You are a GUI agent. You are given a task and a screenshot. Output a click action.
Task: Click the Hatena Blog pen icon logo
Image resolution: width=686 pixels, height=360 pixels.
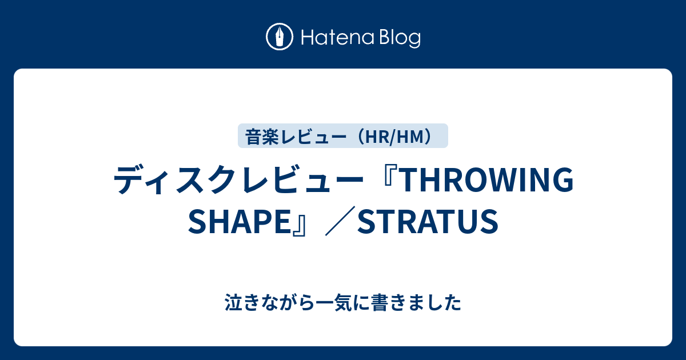[280, 37]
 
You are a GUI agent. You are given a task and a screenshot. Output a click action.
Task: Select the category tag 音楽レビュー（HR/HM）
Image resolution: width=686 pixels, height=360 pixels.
[342, 136]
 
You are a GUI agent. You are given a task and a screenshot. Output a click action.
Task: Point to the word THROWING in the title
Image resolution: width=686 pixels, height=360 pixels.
[489, 181]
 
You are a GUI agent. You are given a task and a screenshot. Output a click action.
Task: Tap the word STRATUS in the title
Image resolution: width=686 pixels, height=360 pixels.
[428, 221]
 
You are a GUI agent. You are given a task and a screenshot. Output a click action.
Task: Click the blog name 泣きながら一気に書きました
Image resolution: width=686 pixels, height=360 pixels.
[342, 303]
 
